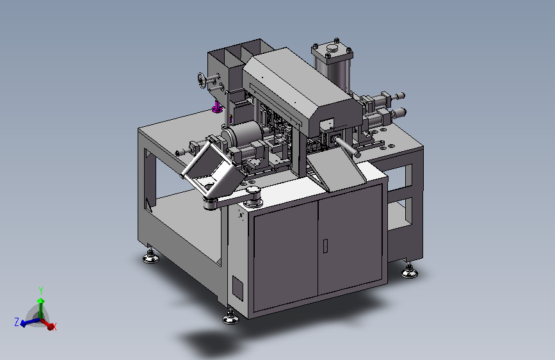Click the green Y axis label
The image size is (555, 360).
click(41, 291)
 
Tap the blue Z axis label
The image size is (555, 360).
click(16, 322)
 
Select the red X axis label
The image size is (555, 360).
click(54, 327)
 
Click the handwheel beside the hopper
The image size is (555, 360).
click(202, 79)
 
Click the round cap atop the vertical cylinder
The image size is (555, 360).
click(332, 47)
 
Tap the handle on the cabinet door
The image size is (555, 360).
click(325, 246)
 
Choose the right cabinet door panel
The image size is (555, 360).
click(350, 238)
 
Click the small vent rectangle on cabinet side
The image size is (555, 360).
click(238, 288)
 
